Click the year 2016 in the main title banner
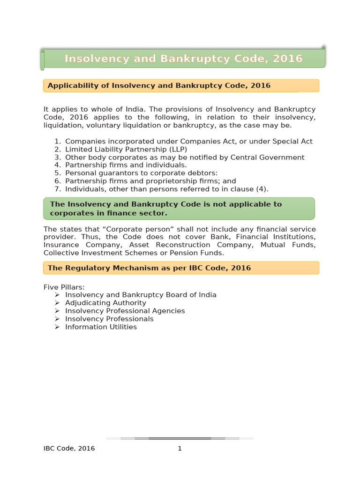point(287,59)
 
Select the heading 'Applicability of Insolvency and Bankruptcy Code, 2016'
point(159,86)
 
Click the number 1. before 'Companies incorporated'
point(57,141)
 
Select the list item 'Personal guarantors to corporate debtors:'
point(141,173)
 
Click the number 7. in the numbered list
point(57,189)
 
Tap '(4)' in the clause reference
point(260,189)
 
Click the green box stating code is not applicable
point(179,209)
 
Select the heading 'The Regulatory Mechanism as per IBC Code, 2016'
point(149,268)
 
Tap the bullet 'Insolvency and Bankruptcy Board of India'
point(141,295)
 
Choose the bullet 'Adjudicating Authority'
point(105,303)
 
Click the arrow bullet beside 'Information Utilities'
point(57,327)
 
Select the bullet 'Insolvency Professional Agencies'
point(125,311)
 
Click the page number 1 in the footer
point(180,449)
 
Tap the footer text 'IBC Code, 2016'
point(69,449)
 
